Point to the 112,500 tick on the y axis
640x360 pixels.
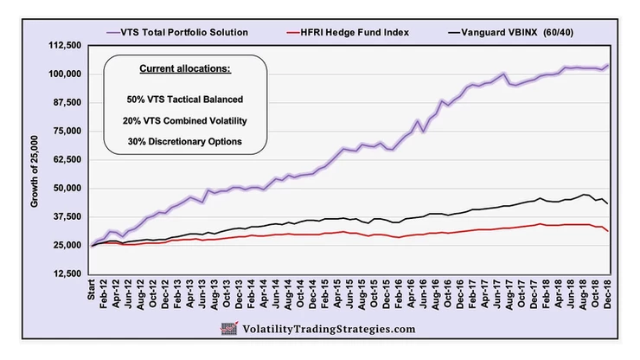[x=63, y=46]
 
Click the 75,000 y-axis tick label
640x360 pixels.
[x=66, y=132]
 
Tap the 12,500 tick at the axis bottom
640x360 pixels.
[x=66, y=273]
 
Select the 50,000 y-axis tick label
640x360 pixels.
[x=66, y=189]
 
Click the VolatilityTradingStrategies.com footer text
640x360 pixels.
[x=329, y=329]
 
